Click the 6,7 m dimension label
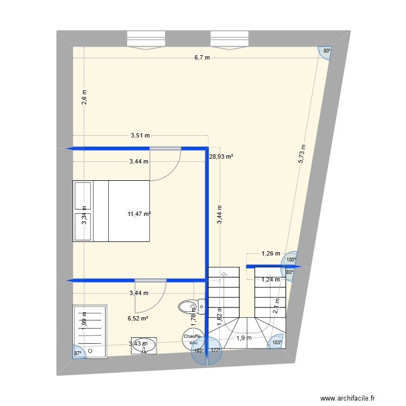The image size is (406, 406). pyautogui.click(x=203, y=58)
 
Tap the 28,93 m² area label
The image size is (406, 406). pyautogui.click(x=221, y=156)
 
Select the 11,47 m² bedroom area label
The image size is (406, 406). pyautogui.click(x=139, y=214)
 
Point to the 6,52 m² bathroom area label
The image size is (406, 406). pyautogui.click(x=138, y=318)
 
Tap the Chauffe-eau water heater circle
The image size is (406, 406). pyautogui.click(x=193, y=338)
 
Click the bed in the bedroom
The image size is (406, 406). pyautogui.click(x=111, y=211)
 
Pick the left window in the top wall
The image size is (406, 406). pyautogui.click(x=145, y=40)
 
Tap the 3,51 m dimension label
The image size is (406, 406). pyautogui.click(x=140, y=136)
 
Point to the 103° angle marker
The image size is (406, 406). pyautogui.click(x=277, y=343)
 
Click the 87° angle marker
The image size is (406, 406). pyautogui.click(x=78, y=353)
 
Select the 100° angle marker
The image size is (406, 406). pyautogui.click(x=291, y=259)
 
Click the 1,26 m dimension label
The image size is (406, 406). pyautogui.click(x=271, y=253)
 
